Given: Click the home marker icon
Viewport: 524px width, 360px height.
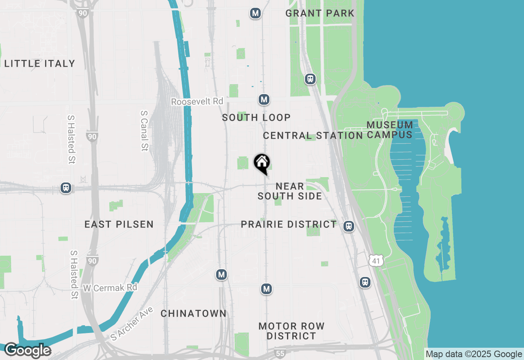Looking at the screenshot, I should (262, 163).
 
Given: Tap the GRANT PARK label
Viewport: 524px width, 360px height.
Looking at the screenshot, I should (320, 13).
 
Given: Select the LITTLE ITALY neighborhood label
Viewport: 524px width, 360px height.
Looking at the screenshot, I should (40, 63).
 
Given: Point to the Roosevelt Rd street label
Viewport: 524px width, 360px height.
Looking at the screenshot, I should (197, 101).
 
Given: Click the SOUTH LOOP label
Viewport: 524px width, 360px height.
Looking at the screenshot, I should (256, 117).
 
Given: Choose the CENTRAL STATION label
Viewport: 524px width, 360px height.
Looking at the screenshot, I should (313, 135).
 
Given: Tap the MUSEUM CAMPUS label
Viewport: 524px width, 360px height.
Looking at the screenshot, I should (389, 130).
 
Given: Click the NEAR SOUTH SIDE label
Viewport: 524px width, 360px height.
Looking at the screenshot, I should (289, 191).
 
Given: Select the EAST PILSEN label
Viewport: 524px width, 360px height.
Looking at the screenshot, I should (119, 224).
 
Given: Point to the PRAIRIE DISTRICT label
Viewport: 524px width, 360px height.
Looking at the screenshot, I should (289, 224).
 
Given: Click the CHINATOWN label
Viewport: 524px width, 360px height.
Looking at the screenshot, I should (193, 313).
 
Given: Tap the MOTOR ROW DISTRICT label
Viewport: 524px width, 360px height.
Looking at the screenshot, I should (291, 331).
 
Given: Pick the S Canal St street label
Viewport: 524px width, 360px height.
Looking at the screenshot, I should (144, 130).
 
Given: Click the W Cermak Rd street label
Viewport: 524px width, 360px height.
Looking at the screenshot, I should (110, 288).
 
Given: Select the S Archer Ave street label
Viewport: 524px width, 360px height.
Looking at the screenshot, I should (132, 324).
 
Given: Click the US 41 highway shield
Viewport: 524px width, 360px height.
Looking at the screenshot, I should (376, 260).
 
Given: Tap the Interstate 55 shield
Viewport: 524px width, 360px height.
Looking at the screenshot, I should (280, 353).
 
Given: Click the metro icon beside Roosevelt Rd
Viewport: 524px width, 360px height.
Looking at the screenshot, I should (264, 99).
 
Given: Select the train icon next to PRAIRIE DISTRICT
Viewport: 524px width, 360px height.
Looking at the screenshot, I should (348, 226).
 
